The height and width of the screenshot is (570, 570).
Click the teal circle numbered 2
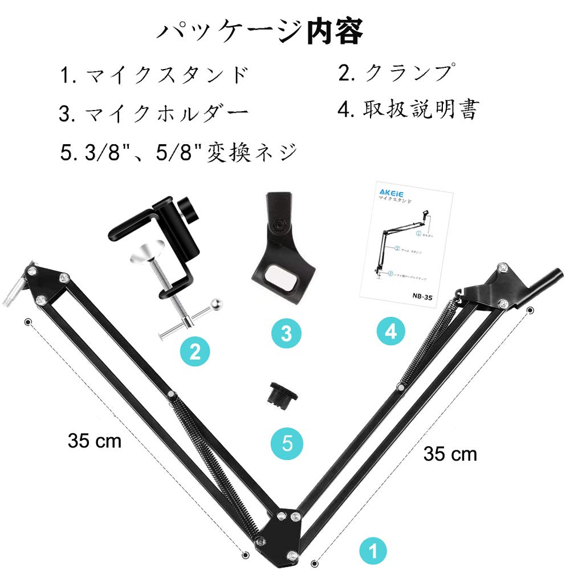click(x=195, y=351)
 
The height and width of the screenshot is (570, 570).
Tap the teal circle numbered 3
click(x=287, y=333)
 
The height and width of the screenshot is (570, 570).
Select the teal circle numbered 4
click(x=390, y=331)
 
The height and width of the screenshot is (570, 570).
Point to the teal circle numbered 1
click(x=373, y=550)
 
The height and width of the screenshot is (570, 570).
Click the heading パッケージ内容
click(x=260, y=32)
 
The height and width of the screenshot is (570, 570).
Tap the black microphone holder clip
click(x=282, y=245)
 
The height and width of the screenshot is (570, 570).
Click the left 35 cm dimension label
click(x=95, y=441)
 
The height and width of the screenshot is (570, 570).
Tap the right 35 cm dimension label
click(x=450, y=454)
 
